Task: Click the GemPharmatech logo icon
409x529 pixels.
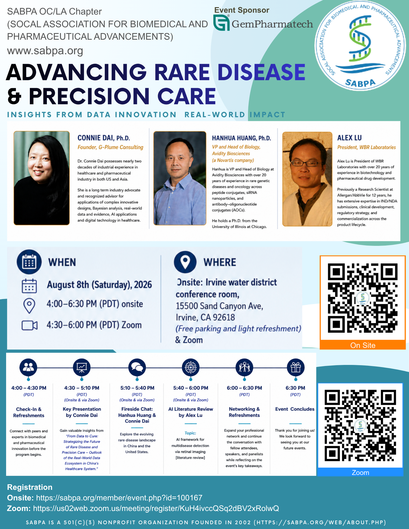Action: pyautogui.click(x=221, y=23)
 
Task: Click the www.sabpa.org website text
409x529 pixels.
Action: pyautogui.click(x=45, y=51)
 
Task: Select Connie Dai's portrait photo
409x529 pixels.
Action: pyautogui.click(x=42, y=178)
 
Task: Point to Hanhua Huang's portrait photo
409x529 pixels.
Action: pyautogui.click(x=180, y=178)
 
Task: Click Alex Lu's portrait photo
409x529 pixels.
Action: pyautogui.click(x=307, y=179)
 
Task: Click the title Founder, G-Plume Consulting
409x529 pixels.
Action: pyautogui.click(x=110, y=147)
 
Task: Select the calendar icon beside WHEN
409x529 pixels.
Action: pyautogui.click(x=29, y=262)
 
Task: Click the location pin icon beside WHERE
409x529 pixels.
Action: pyautogui.click(x=185, y=262)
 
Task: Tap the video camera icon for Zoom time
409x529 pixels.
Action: pyautogui.click(x=29, y=325)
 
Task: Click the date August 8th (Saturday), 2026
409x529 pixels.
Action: pyautogui.click(x=100, y=285)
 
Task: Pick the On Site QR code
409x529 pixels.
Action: pyautogui.click(x=363, y=298)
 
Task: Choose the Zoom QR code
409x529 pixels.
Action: pyautogui.click(x=360, y=425)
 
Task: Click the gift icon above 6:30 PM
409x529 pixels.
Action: pyautogui.click(x=296, y=367)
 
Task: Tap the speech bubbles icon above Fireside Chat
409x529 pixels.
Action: pyautogui.click(x=137, y=367)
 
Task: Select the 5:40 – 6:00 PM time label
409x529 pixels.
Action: pyautogui.click(x=191, y=388)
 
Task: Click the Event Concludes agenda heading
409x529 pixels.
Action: pyautogui.click(x=295, y=409)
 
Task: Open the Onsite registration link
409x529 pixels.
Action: pyautogui.click(x=119, y=498)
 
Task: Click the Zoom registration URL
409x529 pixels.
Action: pyautogui.click(x=156, y=508)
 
